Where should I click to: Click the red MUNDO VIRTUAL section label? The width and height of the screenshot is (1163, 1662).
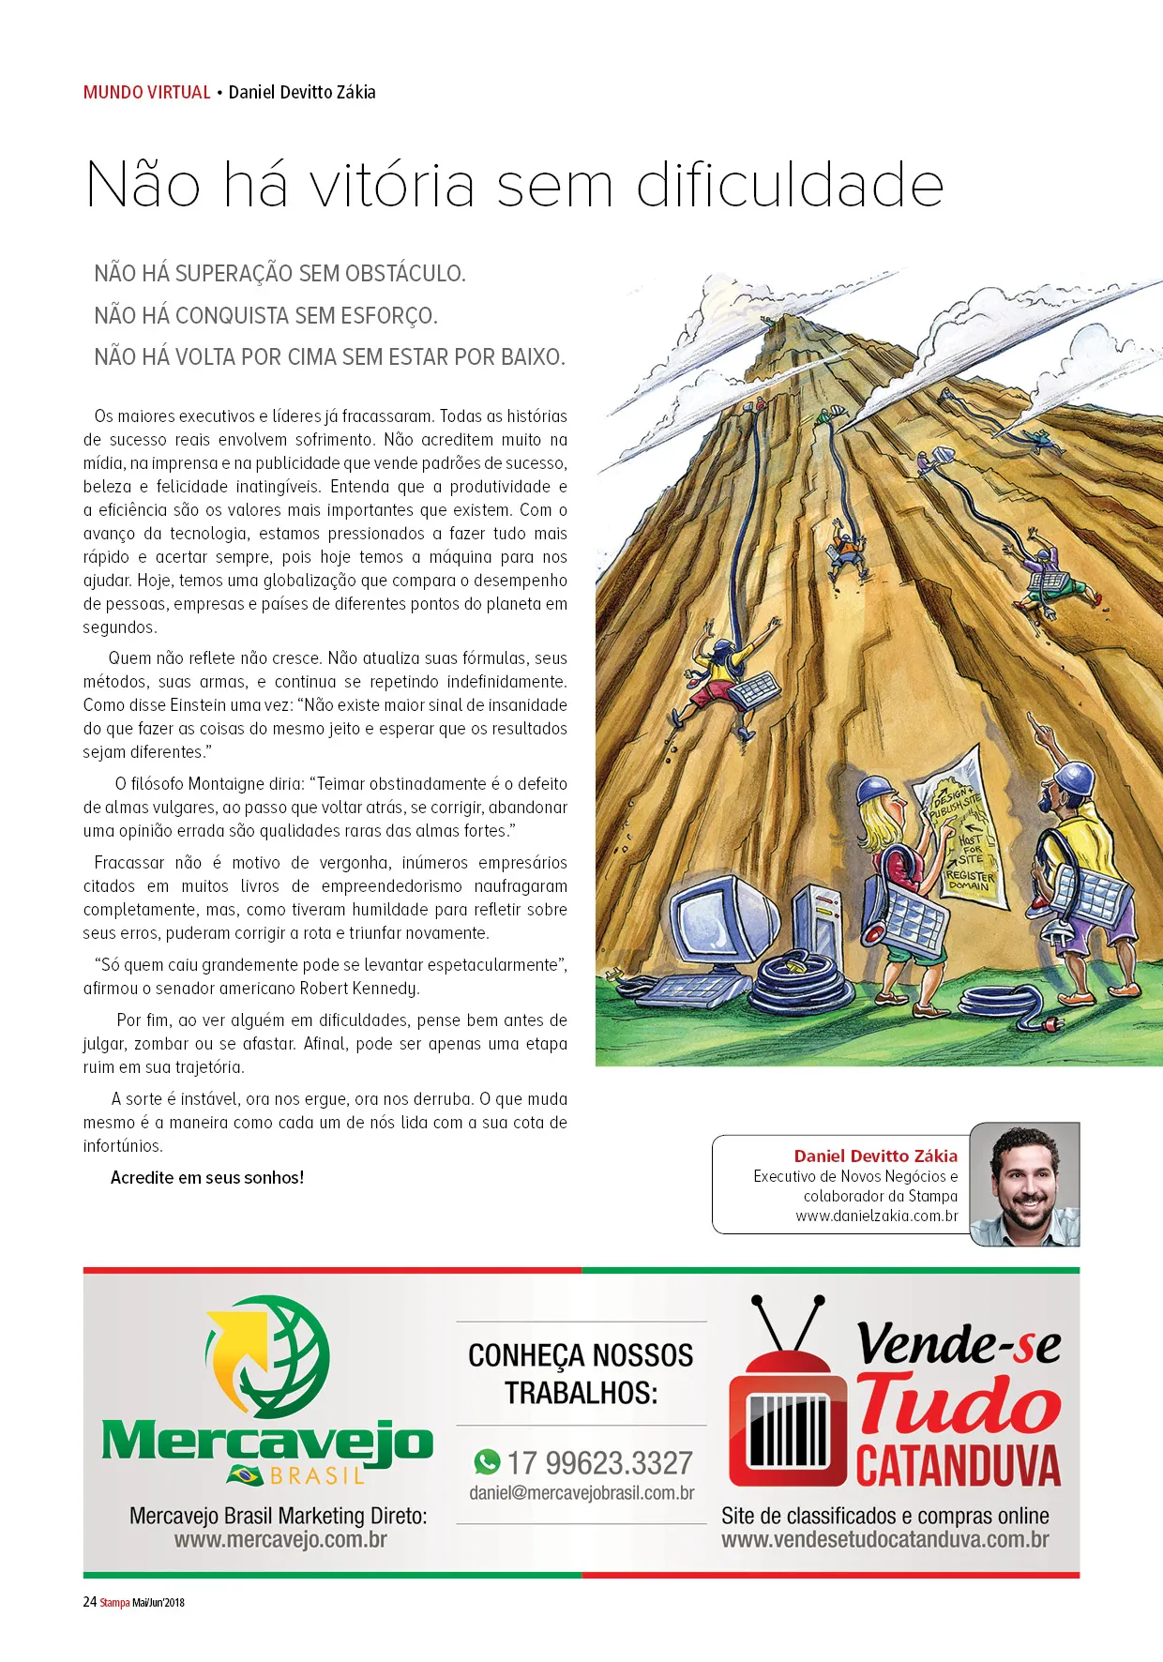(x=146, y=92)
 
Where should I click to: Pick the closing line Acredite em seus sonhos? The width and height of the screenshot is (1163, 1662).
(x=207, y=1178)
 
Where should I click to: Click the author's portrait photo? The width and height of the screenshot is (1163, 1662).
(x=1025, y=1185)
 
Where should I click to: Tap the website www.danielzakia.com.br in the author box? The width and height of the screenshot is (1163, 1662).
(x=877, y=1216)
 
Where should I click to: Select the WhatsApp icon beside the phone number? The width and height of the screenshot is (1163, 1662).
(x=487, y=1461)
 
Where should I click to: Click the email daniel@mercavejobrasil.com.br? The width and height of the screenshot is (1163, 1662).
(x=581, y=1493)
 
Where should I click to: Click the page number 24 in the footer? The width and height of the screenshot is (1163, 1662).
(x=90, y=1601)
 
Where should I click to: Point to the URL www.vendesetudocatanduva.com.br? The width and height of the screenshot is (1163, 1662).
(x=884, y=1539)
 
